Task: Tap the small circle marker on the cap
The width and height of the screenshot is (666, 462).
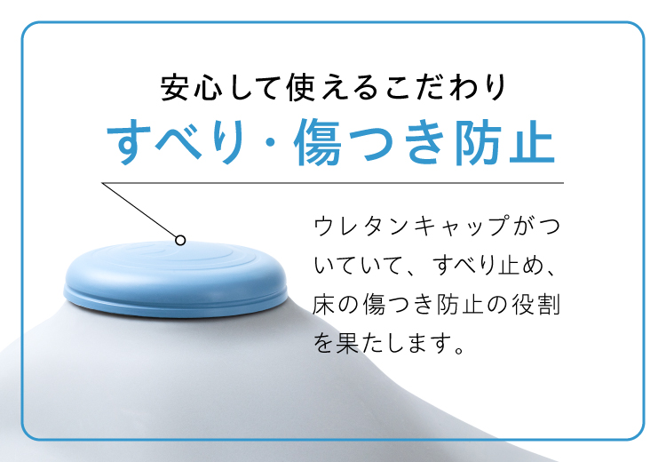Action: (x=180, y=239)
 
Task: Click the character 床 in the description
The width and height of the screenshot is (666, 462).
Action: (x=326, y=304)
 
